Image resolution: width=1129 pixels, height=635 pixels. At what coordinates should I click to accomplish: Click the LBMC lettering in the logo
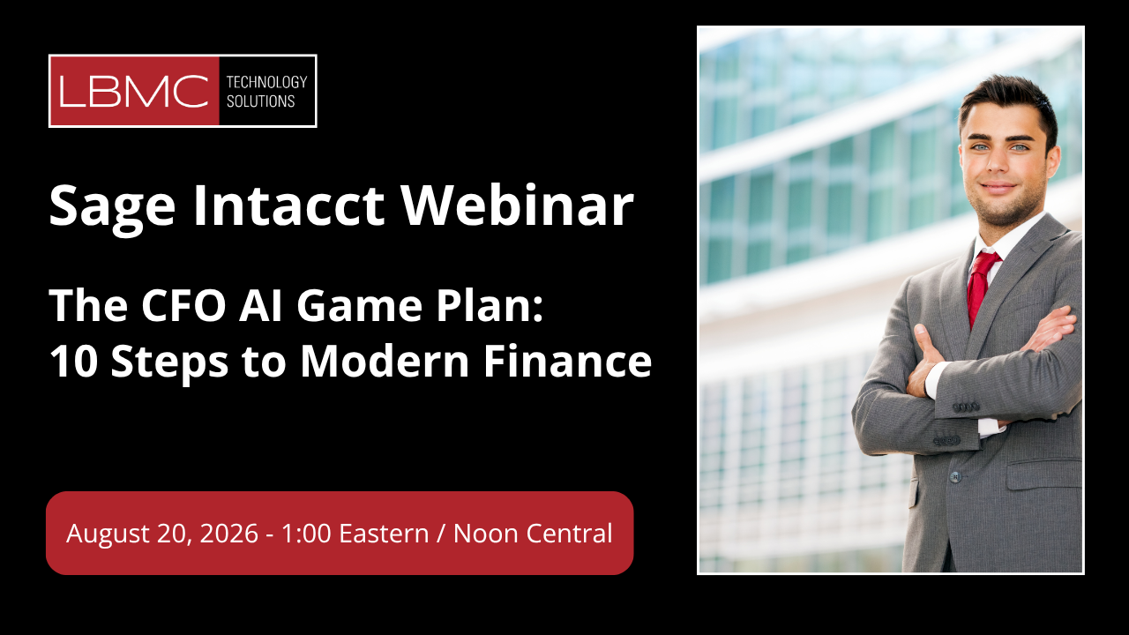point(133,91)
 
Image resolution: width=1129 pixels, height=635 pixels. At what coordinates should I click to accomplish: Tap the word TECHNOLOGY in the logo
point(266,82)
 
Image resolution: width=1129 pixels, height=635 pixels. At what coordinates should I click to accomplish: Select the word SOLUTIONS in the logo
point(260,101)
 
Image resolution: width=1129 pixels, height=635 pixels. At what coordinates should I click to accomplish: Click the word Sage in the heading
point(112,206)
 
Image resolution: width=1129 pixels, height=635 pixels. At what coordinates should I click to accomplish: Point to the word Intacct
point(288,205)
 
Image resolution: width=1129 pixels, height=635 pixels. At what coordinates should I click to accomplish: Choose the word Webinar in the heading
point(517,205)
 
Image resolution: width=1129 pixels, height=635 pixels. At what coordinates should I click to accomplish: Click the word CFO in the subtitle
point(183,305)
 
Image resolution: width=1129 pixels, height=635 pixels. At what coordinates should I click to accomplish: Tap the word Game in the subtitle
point(359,305)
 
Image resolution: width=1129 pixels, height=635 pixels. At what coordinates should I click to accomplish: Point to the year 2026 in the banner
point(228,534)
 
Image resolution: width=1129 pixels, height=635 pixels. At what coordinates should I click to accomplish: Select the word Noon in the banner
point(486,534)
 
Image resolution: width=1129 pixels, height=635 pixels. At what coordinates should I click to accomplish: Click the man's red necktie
point(981,288)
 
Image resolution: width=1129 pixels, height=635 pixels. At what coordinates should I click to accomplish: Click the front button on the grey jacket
point(955,476)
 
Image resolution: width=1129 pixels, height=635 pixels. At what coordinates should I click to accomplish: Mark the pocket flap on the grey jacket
point(1044,474)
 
